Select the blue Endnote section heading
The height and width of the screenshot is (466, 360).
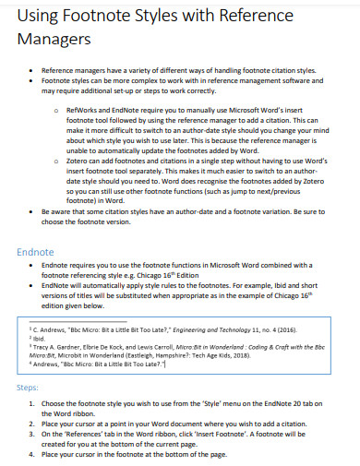tap(36, 252)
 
